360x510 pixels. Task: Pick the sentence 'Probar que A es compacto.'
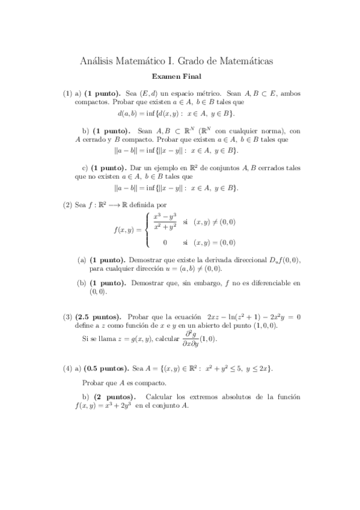coord(123,382)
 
